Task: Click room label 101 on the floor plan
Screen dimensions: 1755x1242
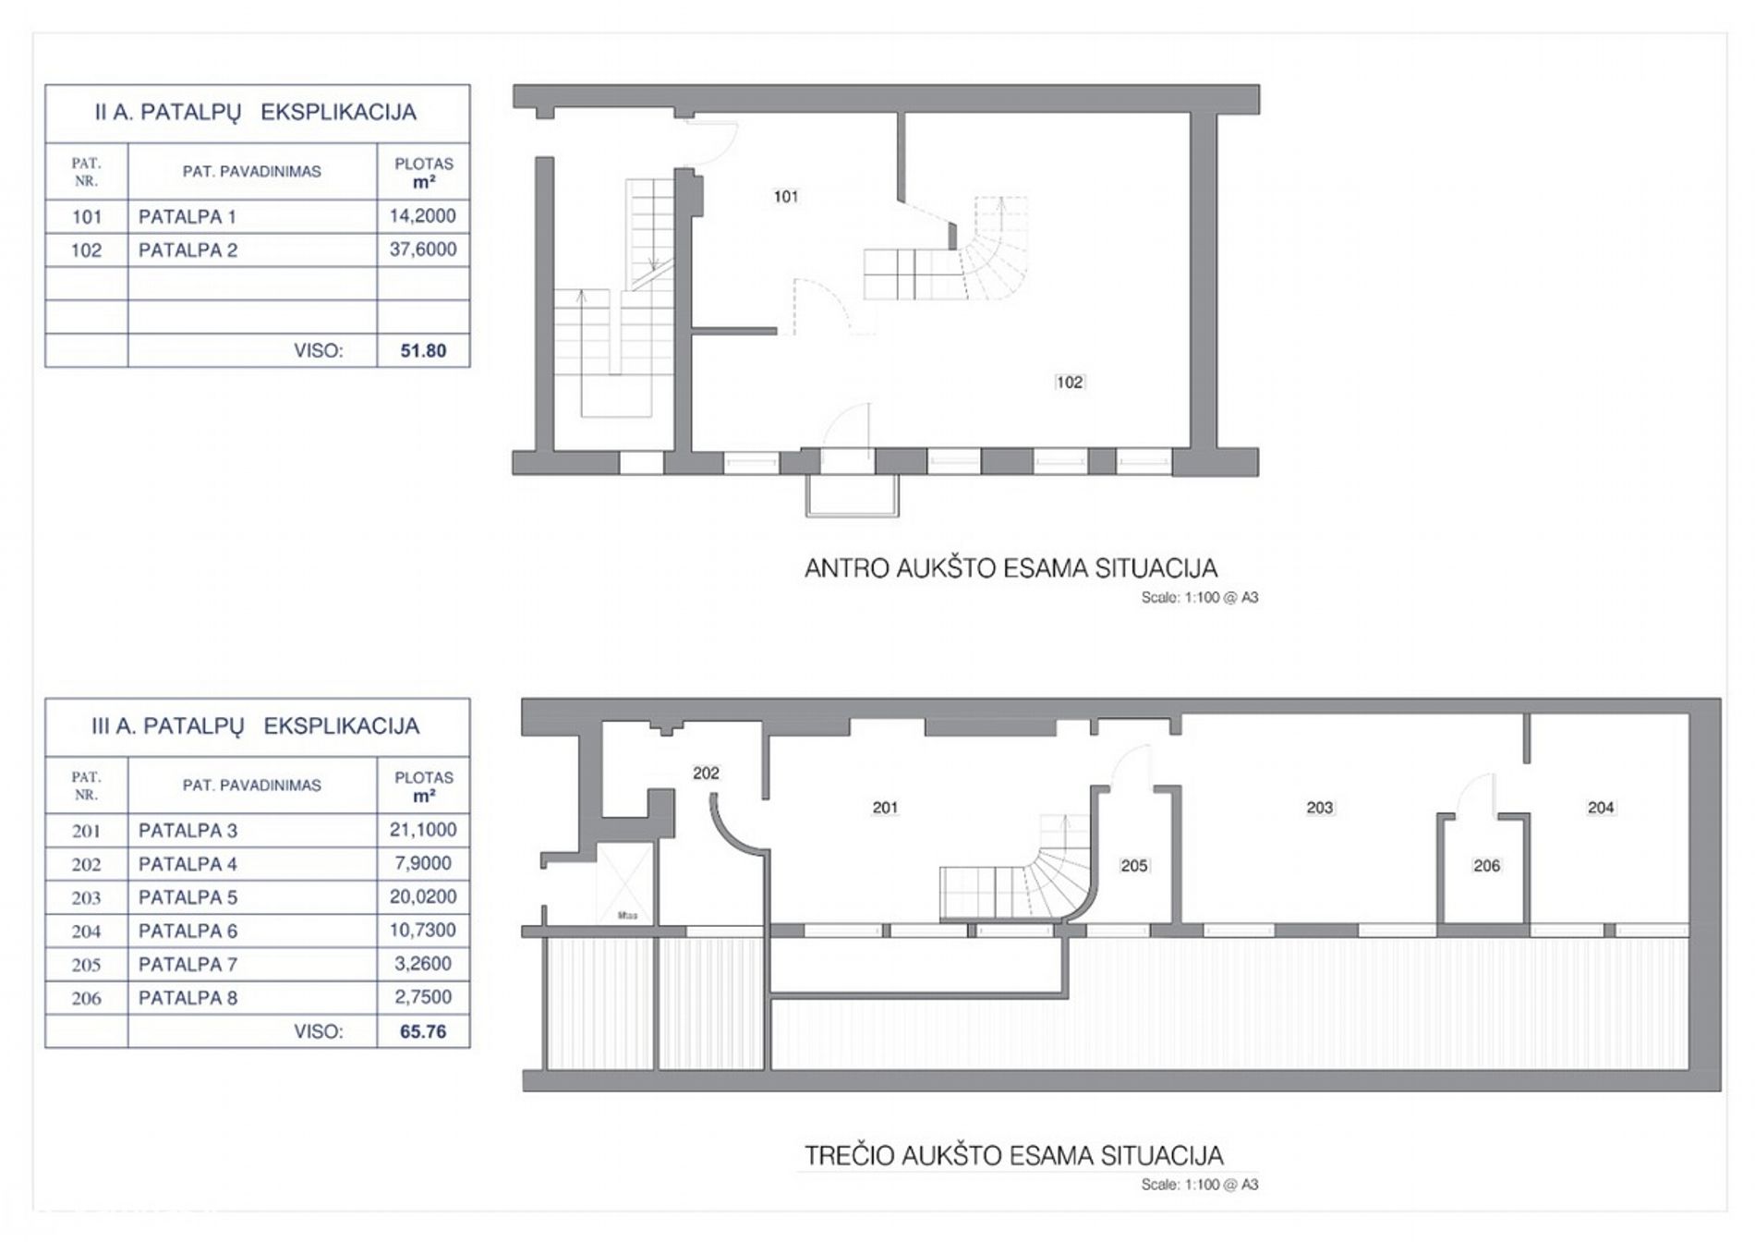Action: pos(785,197)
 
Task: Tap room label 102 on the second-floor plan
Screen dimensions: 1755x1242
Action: pos(1069,383)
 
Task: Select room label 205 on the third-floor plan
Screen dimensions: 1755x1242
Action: pos(1133,866)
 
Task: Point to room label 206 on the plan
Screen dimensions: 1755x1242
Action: pos(1486,866)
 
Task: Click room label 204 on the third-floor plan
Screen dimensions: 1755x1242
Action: pos(1601,808)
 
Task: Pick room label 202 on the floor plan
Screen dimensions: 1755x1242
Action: pos(706,773)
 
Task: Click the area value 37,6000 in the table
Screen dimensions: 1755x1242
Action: pos(423,250)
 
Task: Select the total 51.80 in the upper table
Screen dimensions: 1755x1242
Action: pos(423,351)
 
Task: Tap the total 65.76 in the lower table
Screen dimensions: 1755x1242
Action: pos(423,1032)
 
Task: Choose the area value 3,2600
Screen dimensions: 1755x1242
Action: pos(423,964)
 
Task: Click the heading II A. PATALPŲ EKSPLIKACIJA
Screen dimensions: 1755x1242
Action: pos(256,113)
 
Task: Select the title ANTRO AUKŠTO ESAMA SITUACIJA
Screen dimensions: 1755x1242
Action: pos(1011,567)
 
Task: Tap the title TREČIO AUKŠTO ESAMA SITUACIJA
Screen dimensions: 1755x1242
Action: pos(1013,1155)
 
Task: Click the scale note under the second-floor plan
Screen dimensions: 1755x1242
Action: pos(1199,598)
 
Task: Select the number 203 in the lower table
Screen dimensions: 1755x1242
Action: pos(86,897)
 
